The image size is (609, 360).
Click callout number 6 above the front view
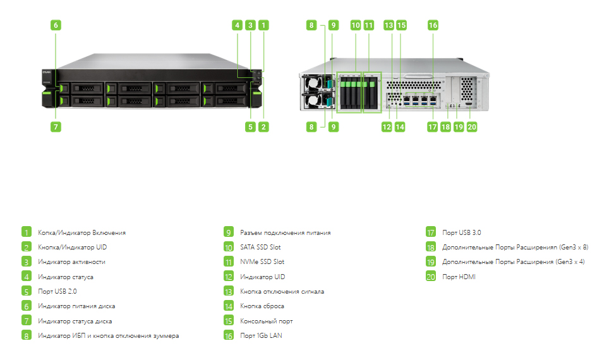point(56,25)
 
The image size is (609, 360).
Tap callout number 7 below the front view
point(56,126)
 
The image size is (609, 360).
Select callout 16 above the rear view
point(433,25)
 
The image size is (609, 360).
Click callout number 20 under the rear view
point(471,126)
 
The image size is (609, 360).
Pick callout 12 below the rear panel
point(387,126)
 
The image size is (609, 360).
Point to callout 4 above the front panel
point(237,25)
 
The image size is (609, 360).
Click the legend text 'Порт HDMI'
point(459,277)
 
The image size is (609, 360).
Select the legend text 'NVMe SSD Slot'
point(262,261)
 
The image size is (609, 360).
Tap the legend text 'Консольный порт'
point(267,321)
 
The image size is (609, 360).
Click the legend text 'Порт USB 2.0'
point(57,291)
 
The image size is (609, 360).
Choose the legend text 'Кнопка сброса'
point(262,306)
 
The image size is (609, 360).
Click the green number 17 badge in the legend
point(431,232)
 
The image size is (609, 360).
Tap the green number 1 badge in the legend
point(27,232)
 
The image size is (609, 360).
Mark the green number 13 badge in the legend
point(229,291)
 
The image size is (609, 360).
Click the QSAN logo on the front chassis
point(47,72)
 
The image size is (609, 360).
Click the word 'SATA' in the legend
point(247,247)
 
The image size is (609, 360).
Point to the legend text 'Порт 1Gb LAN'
point(261,335)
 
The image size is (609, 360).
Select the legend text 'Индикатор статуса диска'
point(75,321)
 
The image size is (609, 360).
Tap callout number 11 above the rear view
point(368,25)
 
